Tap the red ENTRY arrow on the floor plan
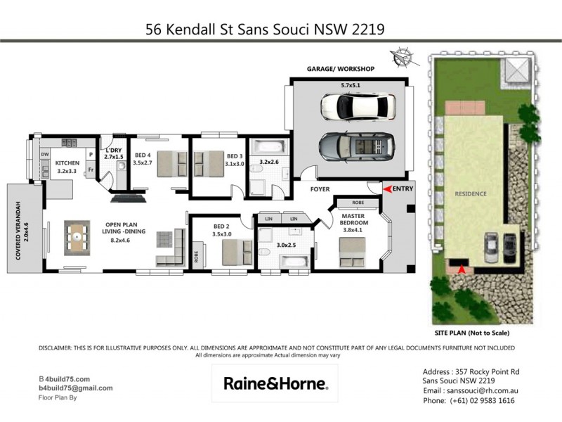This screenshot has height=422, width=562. (386, 188)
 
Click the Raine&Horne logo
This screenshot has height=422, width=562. (275, 383)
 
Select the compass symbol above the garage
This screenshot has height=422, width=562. (403, 56)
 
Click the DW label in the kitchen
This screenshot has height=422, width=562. (45, 154)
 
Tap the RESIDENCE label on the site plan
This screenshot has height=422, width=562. (471, 193)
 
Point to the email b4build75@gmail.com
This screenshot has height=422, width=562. (75, 388)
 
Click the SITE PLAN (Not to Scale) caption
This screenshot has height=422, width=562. (472, 333)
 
